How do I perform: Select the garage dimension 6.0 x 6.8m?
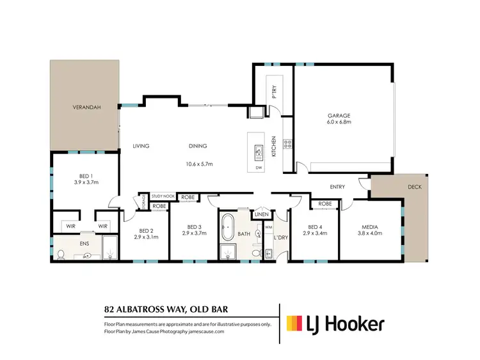340,121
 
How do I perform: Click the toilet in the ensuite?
61,254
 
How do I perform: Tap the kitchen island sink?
259,151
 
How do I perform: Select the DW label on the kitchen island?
259,168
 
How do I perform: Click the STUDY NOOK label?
163,196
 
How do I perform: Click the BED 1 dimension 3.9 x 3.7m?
84,182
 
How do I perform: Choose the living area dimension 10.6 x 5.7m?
199,164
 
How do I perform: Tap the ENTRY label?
337,187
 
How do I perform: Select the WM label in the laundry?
269,226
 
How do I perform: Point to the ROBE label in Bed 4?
324,204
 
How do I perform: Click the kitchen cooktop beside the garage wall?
288,144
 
